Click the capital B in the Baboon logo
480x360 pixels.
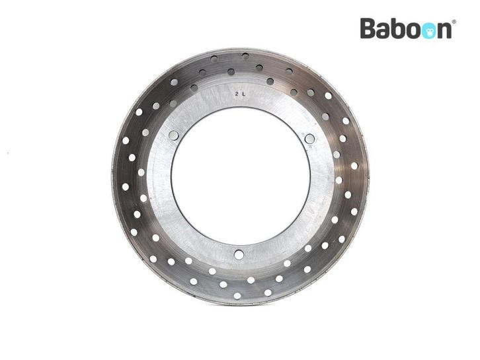click(368, 28)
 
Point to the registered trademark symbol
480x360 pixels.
click(454, 22)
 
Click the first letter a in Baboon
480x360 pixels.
click(384, 31)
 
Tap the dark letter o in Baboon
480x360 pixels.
click(413, 31)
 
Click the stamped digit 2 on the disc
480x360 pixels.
click(237, 94)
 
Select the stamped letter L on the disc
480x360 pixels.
click(244, 94)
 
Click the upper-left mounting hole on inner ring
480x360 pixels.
click(174, 135)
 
